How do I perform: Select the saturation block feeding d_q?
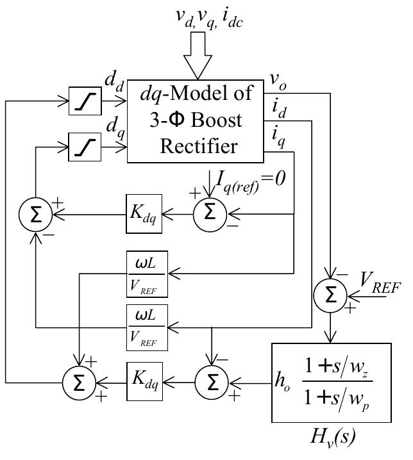point(84,149)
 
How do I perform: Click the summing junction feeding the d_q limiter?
point(36,215)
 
